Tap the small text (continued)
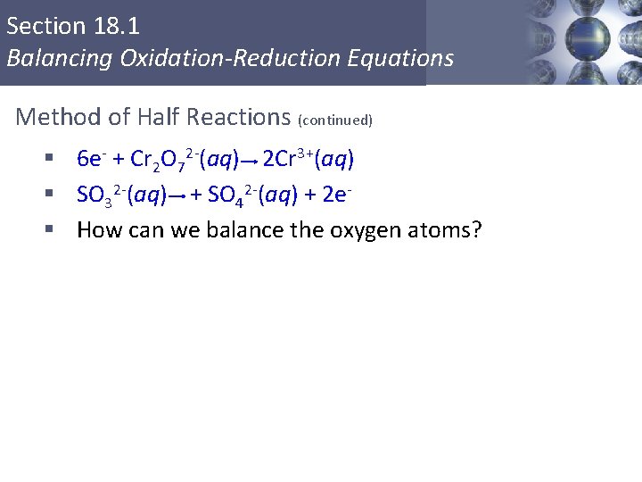pyautogui.click(x=335, y=120)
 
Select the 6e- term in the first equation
pyautogui.click(x=92, y=160)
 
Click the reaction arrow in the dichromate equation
pyautogui.click(x=251, y=162)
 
